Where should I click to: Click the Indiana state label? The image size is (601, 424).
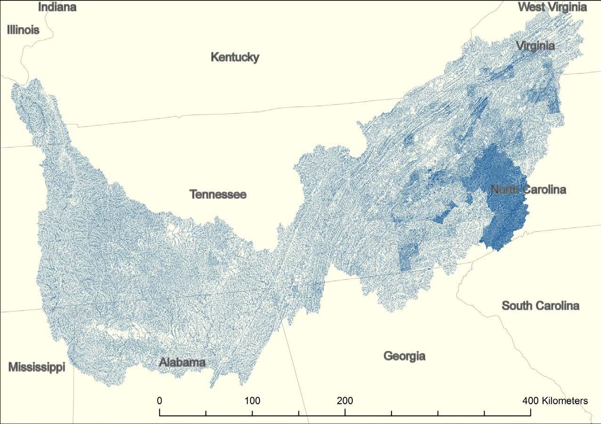[x=57, y=7]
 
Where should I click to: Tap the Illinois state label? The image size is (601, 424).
[x=23, y=30]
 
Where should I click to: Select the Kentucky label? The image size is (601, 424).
[x=235, y=57]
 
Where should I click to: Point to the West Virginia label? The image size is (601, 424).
[x=552, y=7]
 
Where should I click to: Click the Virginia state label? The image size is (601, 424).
[x=535, y=46]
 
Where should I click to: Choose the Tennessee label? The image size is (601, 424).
[x=218, y=194]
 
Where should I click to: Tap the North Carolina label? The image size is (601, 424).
[x=528, y=190]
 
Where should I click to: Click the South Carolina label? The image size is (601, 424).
[x=540, y=306]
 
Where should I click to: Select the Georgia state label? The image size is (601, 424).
[x=404, y=356]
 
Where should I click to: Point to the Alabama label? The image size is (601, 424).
[x=182, y=362]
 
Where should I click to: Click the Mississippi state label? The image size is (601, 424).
[x=37, y=368]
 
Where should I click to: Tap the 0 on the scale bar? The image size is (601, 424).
[x=160, y=401]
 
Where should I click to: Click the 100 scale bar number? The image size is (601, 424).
[x=252, y=401]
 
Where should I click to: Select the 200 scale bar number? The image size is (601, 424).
[x=345, y=401]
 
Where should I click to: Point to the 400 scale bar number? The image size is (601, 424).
[x=531, y=401]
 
